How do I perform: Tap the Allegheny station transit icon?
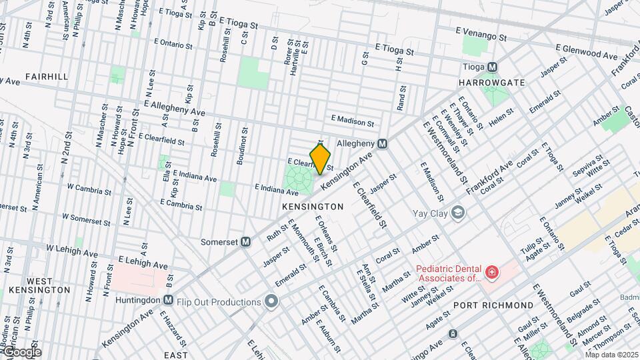click(383, 143)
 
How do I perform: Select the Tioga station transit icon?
click(492, 67)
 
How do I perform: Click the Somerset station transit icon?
click(246, 241)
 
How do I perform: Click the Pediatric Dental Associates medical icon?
click(491, 272)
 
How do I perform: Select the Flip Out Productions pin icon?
click(271, 302)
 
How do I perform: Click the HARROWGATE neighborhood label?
click(492, 83)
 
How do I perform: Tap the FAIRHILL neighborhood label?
click(47, 77)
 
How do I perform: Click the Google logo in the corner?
click(21, 352)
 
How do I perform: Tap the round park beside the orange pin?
click(298, 178)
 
